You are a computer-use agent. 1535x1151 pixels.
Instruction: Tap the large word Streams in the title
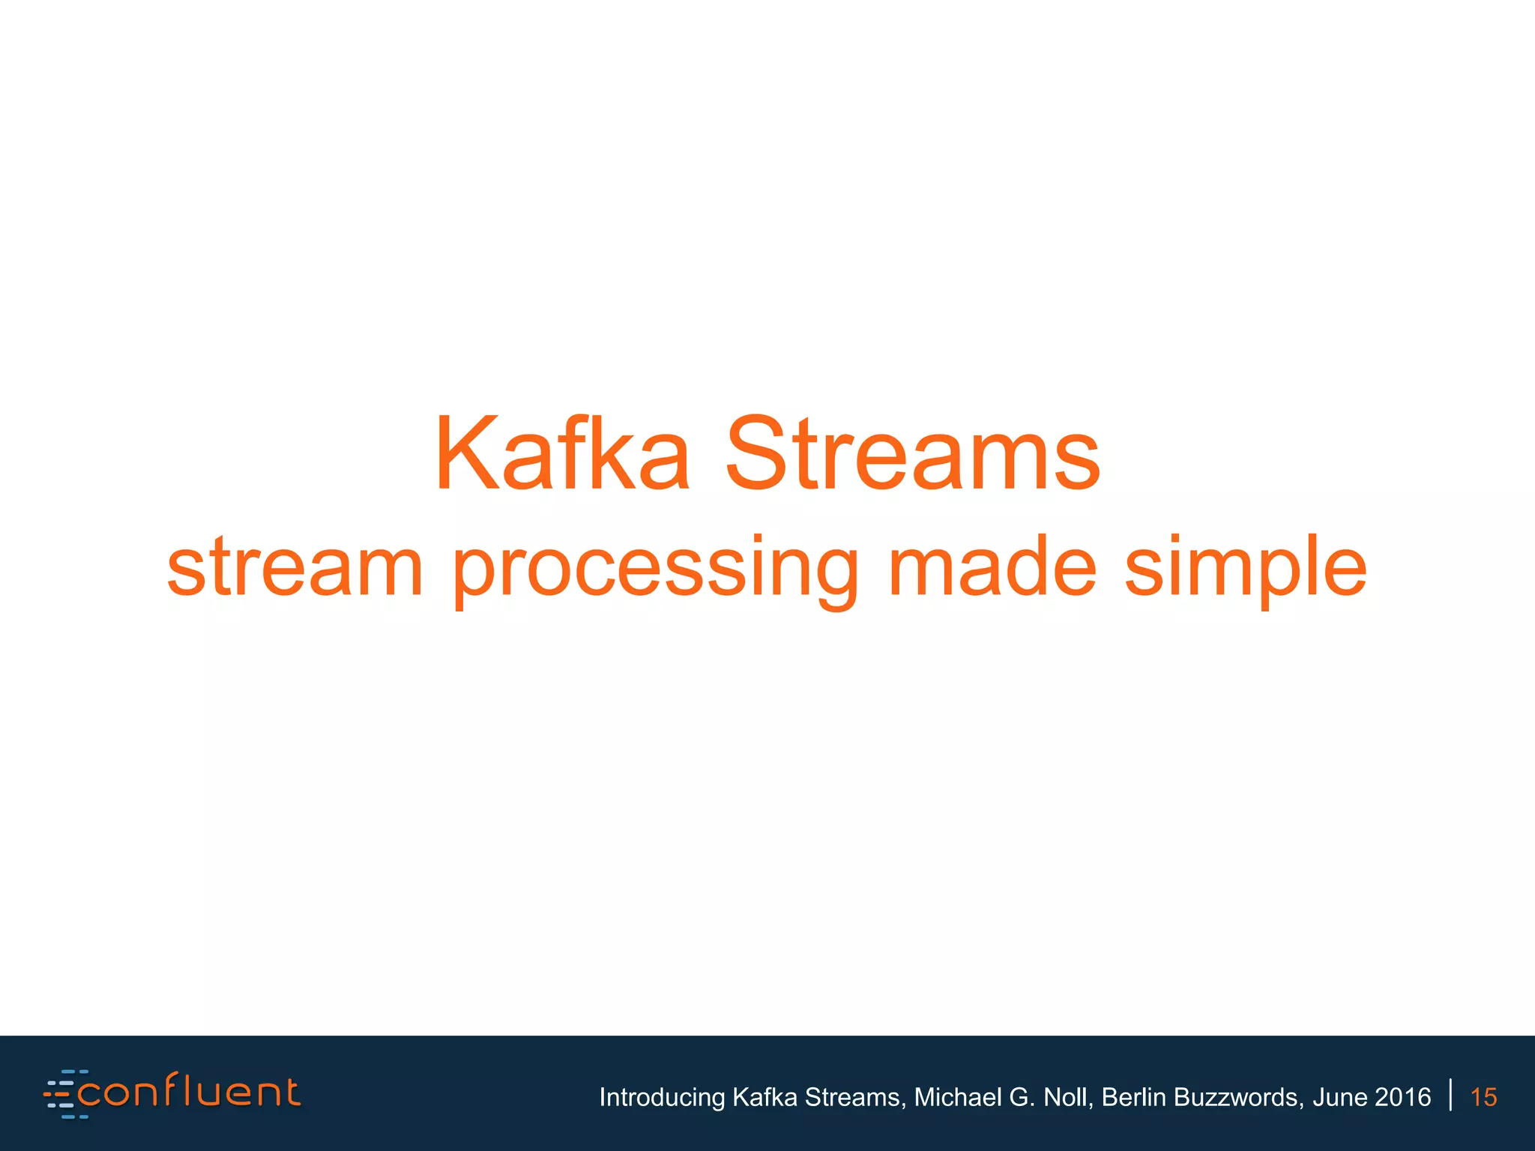coord(913,455)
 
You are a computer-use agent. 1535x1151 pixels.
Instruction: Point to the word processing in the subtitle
coord(656,570)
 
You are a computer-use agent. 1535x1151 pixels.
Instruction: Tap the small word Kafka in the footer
coord(765,1097)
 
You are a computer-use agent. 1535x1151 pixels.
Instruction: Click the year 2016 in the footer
coord(1403,1097)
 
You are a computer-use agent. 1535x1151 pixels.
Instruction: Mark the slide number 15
coord(1483,1097)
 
